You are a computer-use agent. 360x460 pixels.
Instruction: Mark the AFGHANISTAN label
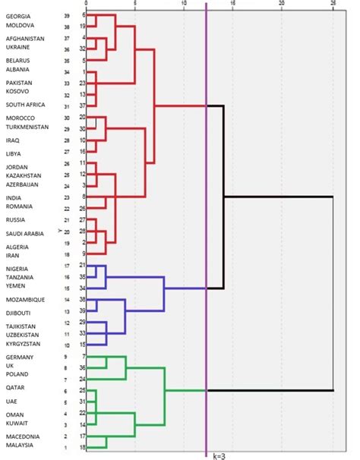click(x=25, y=38)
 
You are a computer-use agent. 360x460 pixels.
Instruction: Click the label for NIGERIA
click(x=17, y=269)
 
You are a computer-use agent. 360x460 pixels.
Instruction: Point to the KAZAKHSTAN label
click(x=25, y=175)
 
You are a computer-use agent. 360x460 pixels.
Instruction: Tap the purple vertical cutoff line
click(x=207, y=228)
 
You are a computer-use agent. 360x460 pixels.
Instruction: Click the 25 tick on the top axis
click(x=332, y=3)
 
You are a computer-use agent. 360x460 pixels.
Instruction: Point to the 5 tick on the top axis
click(x=135, y=3)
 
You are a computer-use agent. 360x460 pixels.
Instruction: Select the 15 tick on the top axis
click(x=233, y=3)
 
